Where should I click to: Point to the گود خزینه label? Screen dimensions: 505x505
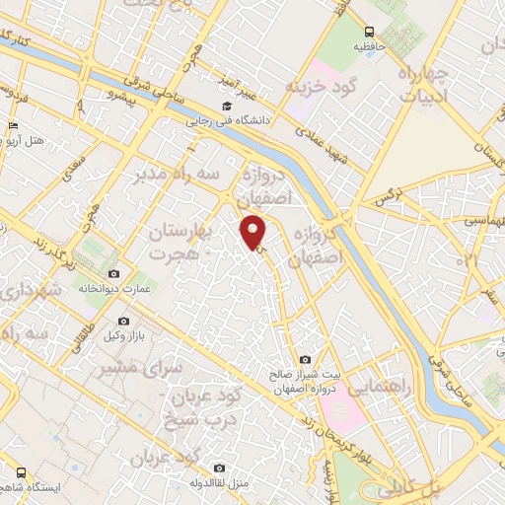320,87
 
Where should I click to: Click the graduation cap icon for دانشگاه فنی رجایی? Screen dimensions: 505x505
226,107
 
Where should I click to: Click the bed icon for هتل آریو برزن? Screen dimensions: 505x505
12,126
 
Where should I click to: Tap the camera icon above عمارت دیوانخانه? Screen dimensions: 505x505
114,273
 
